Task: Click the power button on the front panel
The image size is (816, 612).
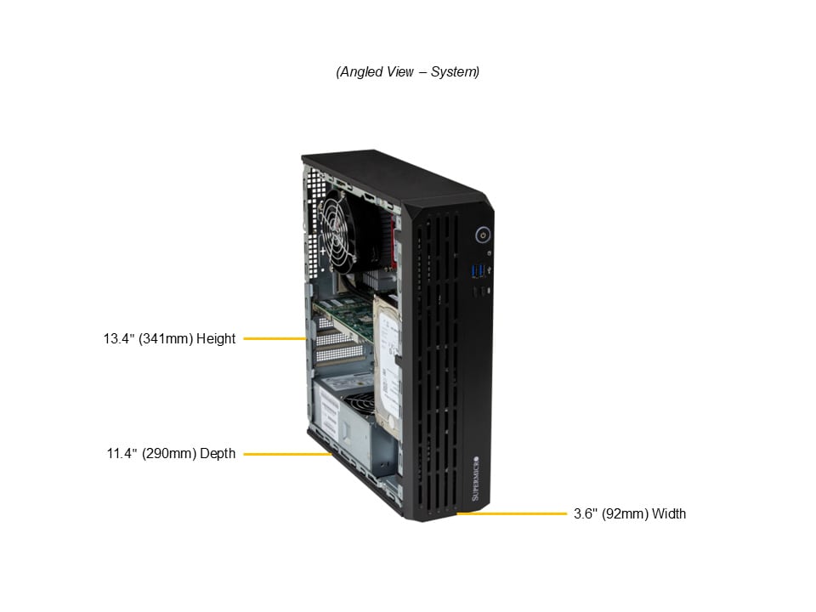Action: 483,235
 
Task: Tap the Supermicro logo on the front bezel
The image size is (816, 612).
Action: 475,479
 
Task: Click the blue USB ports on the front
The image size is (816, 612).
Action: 479,271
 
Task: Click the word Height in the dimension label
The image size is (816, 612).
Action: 216,339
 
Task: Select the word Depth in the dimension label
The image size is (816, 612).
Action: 218,454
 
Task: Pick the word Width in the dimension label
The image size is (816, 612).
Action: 669,514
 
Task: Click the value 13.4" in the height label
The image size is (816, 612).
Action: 119,339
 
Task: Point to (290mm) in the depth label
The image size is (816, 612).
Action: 169,454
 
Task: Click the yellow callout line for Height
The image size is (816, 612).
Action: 275,339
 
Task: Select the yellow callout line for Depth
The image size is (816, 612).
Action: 288,454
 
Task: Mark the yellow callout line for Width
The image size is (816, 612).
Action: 512,513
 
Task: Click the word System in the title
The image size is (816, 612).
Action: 455,71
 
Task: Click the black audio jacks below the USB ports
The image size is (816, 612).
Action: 480,292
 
